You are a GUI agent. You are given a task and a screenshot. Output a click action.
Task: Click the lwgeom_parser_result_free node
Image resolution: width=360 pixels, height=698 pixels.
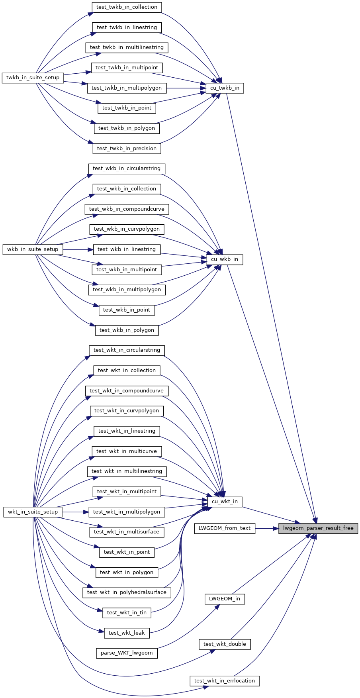point(318,528)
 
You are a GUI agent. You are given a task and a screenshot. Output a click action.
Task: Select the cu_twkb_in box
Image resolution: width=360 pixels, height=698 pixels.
point(225,88)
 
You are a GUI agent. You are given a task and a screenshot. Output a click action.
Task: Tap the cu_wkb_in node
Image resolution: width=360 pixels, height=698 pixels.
point(225,259)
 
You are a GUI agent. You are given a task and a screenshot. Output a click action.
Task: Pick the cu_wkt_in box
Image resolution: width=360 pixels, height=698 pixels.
point(225,502)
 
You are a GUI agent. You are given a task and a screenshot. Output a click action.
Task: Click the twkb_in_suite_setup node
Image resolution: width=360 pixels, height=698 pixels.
point(33,78)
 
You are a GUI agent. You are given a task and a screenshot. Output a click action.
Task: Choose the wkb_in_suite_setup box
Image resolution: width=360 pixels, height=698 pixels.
point(33,249)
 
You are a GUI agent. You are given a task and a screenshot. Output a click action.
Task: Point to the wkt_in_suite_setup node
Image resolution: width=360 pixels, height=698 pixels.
point(33,512)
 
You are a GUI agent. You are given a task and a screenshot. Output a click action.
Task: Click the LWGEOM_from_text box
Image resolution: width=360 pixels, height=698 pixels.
point(225,528)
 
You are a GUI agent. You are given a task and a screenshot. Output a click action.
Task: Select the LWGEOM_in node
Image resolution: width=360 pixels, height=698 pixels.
point(225,599)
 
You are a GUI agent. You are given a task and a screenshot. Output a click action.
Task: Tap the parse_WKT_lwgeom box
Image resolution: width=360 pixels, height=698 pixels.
point(127,653)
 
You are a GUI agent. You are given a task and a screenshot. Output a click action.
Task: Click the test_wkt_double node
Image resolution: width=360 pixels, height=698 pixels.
point(225,644)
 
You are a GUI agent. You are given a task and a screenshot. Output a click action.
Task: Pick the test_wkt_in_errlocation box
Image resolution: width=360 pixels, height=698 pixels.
point(225,681)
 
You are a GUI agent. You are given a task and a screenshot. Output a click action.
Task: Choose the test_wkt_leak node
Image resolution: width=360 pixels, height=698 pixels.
point(127,633)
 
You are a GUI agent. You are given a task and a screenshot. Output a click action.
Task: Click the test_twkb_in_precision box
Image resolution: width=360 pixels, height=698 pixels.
point(127,149)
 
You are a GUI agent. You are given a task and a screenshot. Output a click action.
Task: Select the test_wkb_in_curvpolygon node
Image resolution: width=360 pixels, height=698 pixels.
point(127,229)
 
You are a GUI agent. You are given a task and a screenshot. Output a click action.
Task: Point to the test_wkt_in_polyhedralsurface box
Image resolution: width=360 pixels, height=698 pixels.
point(127,592)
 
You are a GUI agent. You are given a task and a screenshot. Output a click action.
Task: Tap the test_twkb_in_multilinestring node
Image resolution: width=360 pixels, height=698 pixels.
point(127,47)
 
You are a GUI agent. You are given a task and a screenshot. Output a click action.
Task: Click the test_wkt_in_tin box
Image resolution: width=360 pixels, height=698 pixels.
point(127,613)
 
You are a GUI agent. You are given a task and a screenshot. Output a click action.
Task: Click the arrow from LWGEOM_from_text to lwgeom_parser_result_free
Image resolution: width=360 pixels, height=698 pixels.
point(266,528)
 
